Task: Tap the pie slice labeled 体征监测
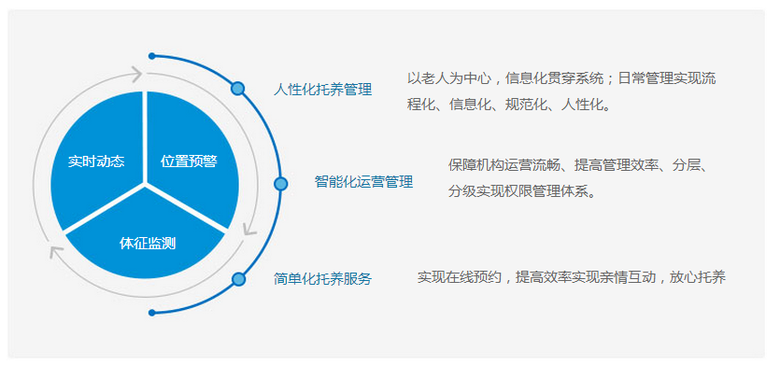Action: (x=145, y=239)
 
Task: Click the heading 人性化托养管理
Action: (x=323, y=90)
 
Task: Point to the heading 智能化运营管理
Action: (x=363, y=182)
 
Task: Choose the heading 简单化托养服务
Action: (x=323, y=279)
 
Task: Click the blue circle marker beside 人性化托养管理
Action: (x=238, y=89)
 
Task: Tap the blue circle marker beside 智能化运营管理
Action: (x=280, y=184)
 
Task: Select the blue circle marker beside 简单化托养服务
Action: (x=239, y=279)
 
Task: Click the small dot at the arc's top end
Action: (x=151, y=56)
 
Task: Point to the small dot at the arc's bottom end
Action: (x=151, y=313)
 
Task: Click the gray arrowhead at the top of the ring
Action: (x=136, y=75)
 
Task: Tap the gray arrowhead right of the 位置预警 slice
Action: (x=249, y=230)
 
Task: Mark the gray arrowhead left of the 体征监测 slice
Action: (x=56, y=252)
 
